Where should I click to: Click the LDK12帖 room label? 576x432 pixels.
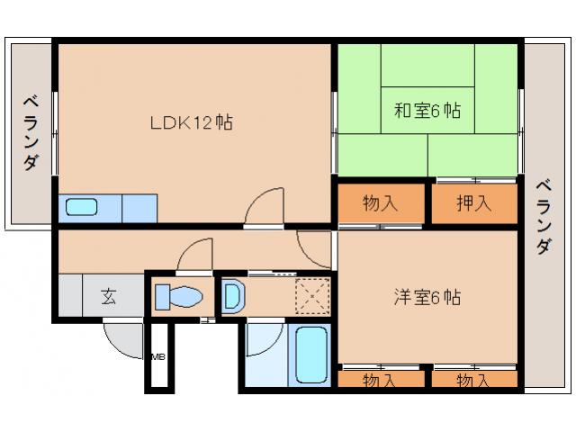[191, 123]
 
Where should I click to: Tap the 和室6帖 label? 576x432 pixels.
[427, 111]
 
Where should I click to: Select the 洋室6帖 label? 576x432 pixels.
[427, 296]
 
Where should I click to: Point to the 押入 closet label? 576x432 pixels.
[474, 203]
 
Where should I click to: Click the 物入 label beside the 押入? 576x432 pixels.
[381, 203]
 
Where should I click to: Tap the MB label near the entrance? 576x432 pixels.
[157, 357]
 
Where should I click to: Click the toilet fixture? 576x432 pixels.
[178, 296]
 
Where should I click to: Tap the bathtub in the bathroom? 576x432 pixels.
[312, 356]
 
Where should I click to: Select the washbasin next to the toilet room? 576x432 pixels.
[231, 296]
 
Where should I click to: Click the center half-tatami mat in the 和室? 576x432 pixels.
[427, 111]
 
